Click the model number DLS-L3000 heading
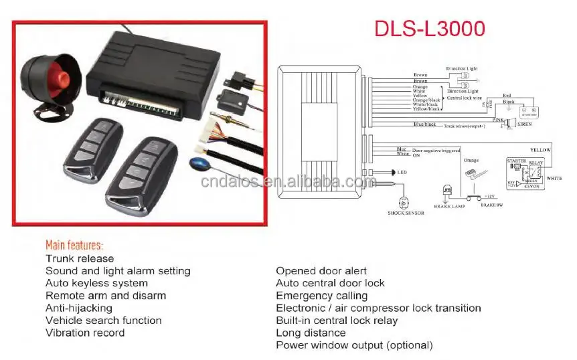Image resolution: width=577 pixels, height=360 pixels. click(x=429, y=29)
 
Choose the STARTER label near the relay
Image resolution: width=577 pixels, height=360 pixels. click(x=516, y=161)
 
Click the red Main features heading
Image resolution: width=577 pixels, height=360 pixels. click(x=74, y=245)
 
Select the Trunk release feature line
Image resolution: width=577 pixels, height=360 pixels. click(x=80, y=258)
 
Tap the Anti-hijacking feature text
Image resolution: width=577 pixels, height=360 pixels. click(x=79, y=308)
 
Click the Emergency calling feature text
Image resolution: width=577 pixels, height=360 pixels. click(x=321, y=295)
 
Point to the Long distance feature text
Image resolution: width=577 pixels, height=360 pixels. click(x=311, y=333)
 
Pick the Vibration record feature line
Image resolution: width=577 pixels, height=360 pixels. click(x=85, y=333)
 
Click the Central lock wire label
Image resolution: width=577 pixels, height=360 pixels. click(x=466, y=98)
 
